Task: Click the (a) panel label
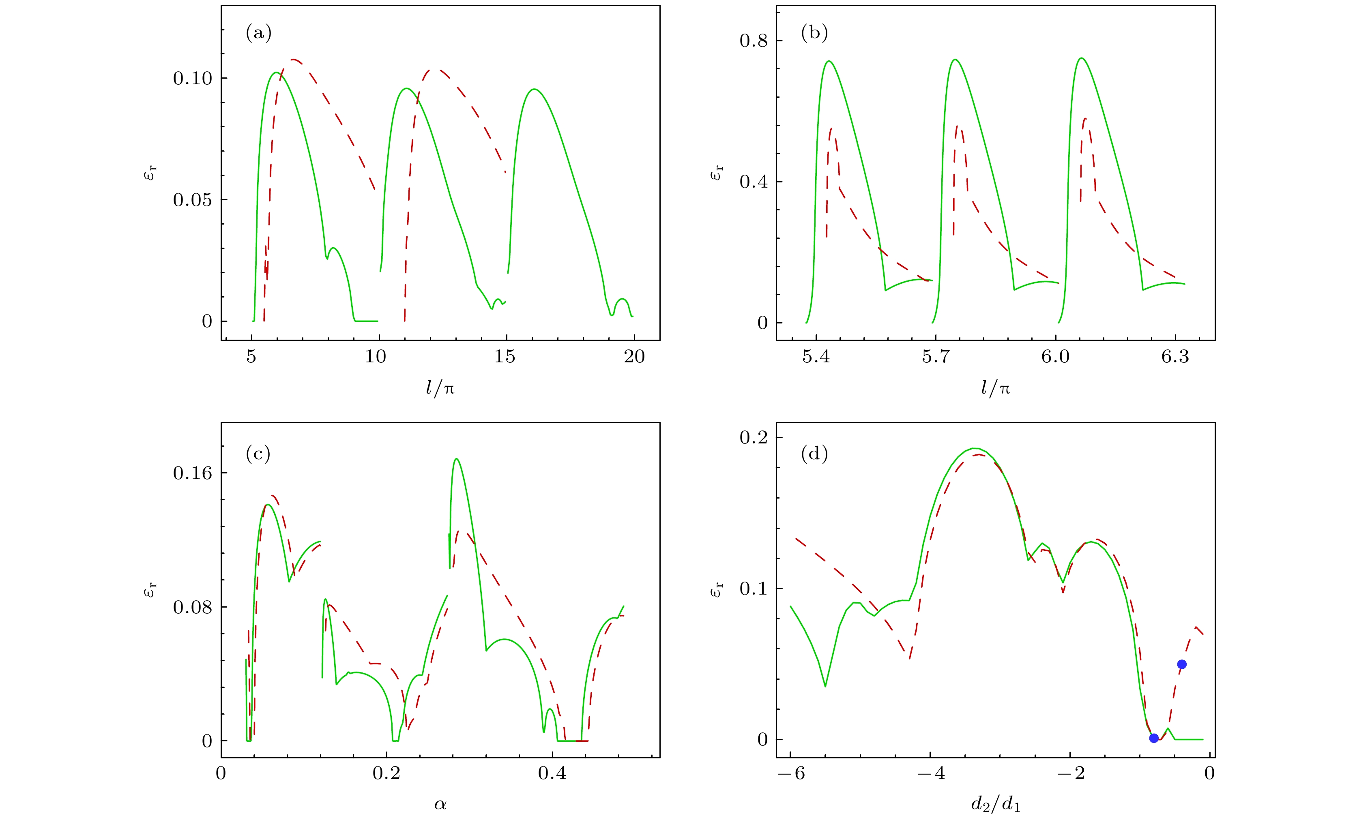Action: pyautogui.click(x=258, y=33)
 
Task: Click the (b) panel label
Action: pyautogui.click(x=814, y=33)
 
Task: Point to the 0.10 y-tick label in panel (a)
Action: pyautogui.click(x=192, y=78)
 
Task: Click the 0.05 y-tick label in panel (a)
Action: pyautogui.click(x=192, y=200)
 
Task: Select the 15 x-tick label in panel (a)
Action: pyautogui.click(x=505, y=357)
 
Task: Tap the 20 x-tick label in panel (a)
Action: pyautogui.click(x=634, y=357)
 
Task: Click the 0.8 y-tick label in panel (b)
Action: pyautogui.click(x=754, y=41)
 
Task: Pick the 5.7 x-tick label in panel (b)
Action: pyautogui.click(x=935, y=357)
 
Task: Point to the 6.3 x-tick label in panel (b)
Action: pyautogui.click(x=1175, y=357)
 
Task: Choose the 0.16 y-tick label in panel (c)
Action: pyautogui.click(x=192, y=473)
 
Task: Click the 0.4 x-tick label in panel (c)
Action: pyautogui.click(x=552, y=773)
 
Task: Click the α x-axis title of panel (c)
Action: pyautogui.click(x=440, y=805)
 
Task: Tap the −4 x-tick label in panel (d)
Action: pyautogui.click(x=931, y=773)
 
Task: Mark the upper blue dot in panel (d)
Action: pyautogui.click(x=1181, y=665)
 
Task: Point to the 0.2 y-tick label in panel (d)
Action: pyautogui.click(x=754, y=438)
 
